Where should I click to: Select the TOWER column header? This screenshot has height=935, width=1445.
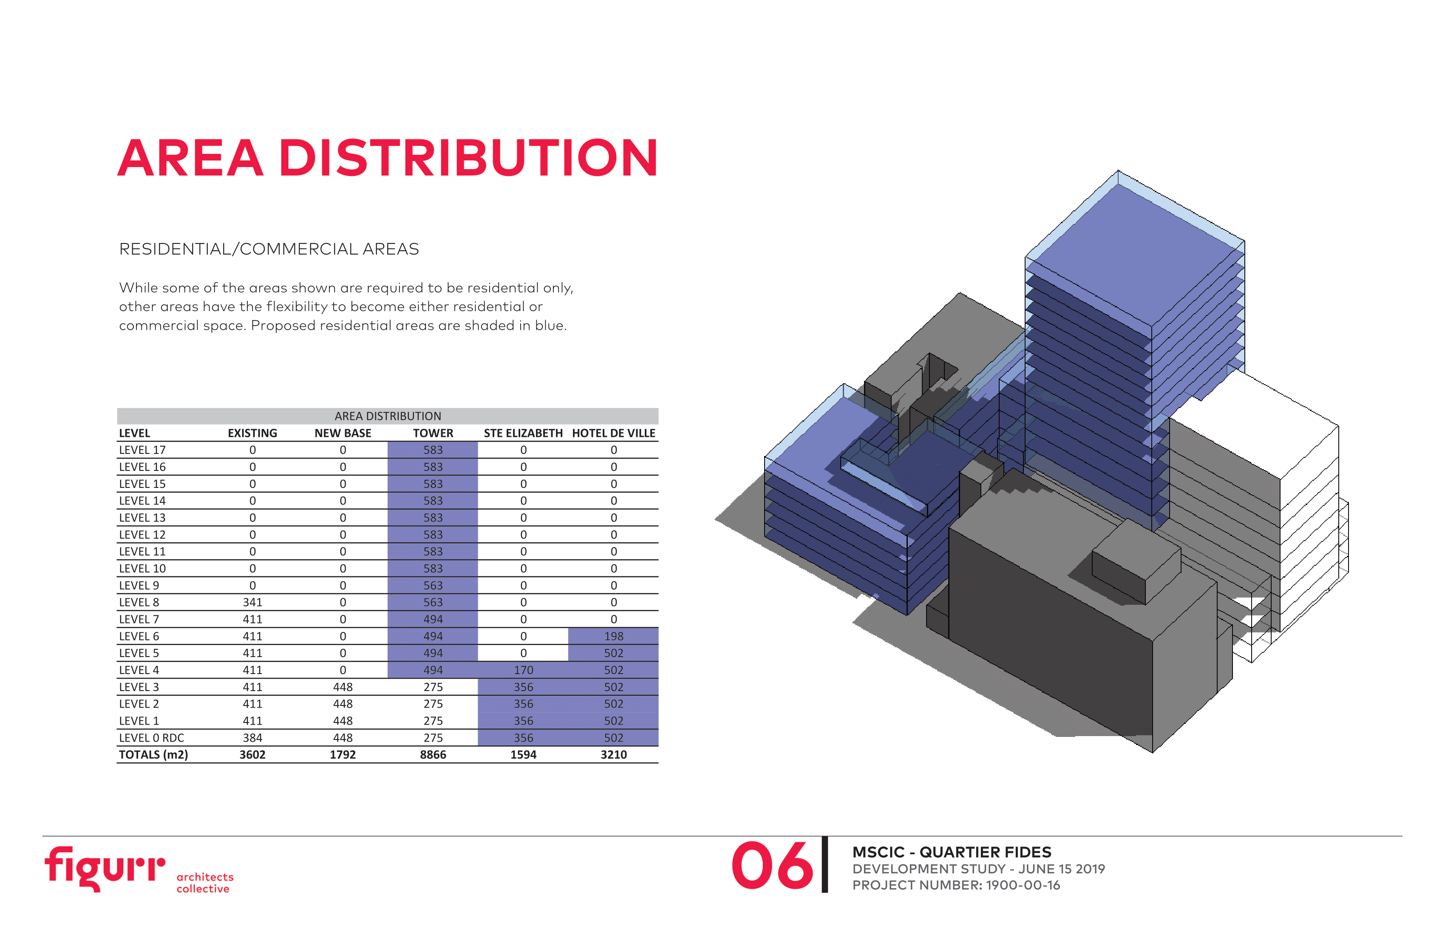(x=433, y=433)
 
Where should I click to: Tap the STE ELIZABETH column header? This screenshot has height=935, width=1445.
(x=523, y=433)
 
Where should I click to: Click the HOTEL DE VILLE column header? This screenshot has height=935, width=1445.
(x=613, y=433)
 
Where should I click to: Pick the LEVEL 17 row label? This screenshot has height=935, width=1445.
(x=142, y=450)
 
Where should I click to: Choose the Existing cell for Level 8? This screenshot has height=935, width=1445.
(x=252, y=602)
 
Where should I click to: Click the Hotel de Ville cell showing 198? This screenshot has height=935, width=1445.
(x=614, y=636)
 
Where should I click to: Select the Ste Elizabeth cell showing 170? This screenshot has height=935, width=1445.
(x=523, y=670)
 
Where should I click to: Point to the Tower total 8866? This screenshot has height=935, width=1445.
(x=433, y=755)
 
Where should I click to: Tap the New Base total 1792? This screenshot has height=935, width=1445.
(x=343, y=755)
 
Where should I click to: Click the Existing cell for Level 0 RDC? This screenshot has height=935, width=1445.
(x=252, y=738)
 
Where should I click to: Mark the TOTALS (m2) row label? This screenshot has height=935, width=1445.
(x=153, y=755)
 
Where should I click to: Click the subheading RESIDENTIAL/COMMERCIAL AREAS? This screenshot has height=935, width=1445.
(x=269, y=249)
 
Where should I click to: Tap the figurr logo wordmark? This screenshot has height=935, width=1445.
(x=105, y=868)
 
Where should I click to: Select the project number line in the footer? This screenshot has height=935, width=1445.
(x=956, y=885)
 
